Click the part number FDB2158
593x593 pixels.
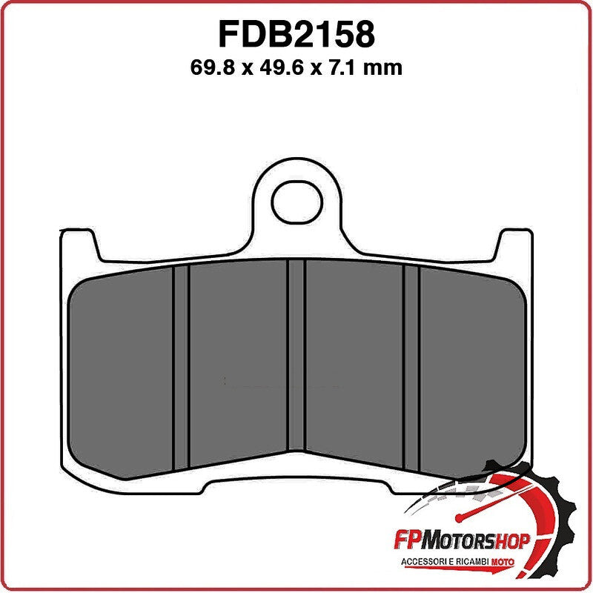pos(296,34)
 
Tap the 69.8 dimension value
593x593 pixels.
pos(216,68)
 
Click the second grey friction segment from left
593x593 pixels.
pos(238,363)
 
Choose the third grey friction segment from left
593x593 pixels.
pos(354,363)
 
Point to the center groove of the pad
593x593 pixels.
pos(296,356)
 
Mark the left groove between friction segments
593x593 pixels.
pos(181,367)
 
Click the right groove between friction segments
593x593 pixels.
pos(412,367)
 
